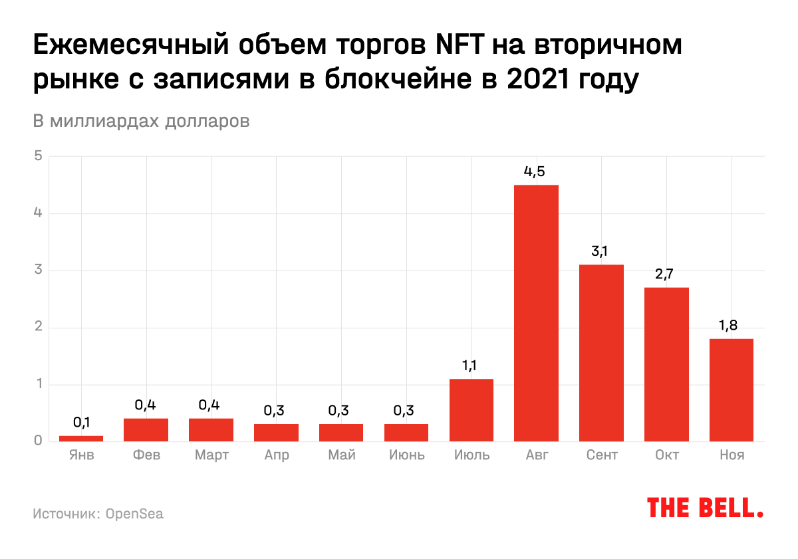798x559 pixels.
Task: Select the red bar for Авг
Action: (536, 312)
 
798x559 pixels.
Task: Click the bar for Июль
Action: (471, 409)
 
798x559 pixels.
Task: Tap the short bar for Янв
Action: (81, 438)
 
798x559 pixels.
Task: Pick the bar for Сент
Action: (601, 352)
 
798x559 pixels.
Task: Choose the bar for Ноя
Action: (731, 390)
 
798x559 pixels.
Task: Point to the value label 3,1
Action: (600, 251)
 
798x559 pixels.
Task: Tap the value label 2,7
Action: (666, 274)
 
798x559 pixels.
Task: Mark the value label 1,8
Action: (731, 326)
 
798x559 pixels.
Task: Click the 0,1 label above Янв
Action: (81, 422)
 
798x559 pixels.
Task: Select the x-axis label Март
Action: (211, 455)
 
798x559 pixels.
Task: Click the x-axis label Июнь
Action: (406, 455)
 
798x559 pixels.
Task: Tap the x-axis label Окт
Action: (666, 455)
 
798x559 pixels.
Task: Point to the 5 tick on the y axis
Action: (39, 156)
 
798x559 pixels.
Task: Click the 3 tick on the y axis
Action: (39, 270)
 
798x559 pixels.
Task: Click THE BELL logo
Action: (705, 508)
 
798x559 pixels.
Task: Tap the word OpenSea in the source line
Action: (134, 514)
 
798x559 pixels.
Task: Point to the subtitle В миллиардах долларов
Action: (141, 122)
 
